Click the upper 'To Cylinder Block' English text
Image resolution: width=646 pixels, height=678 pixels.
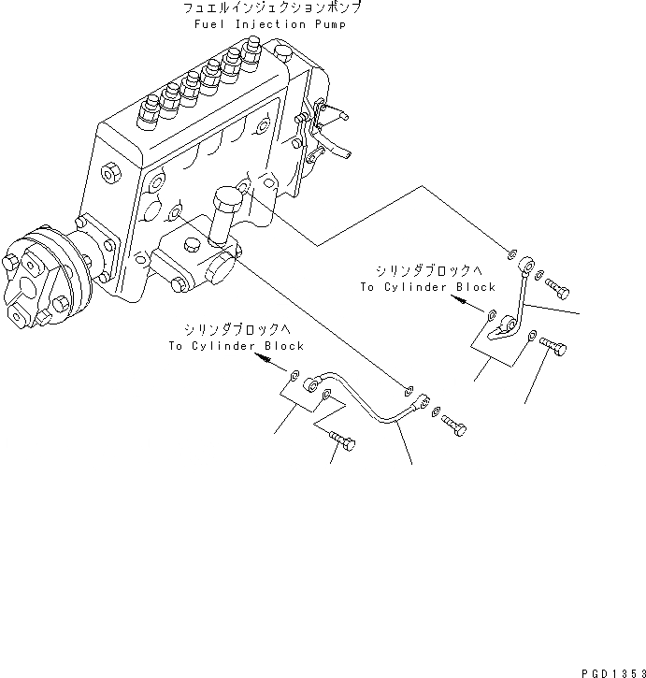click(x=427, y=287)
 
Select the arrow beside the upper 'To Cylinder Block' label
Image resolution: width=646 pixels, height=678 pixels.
click(x=458, y=301)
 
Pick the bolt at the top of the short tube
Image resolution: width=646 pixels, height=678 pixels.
click(x=556, y=287)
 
